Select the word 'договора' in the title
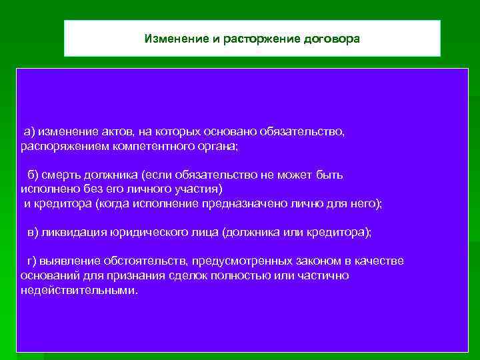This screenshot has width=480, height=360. (x=331, y=38)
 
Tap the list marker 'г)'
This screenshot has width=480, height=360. (x=31, y=261)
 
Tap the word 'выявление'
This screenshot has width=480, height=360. (x=66, y=261)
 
